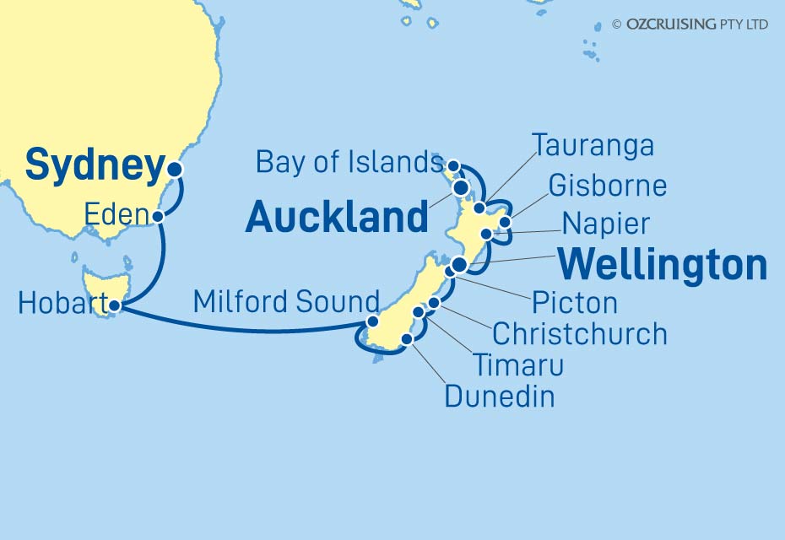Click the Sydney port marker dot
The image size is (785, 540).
(175, 169)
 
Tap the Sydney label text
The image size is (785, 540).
(94, 166)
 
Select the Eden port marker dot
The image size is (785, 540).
(159, 217)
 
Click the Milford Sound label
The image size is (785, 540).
(286, 301)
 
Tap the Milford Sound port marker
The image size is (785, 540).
(372, 321)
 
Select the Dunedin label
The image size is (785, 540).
(500, 396)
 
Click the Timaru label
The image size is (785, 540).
(517, 365)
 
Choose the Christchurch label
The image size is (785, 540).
(579, 334)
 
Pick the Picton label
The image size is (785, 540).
(574, 302)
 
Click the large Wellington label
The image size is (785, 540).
(663, 265)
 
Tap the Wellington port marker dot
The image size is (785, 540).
(458, 266)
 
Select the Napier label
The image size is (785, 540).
(607, 224)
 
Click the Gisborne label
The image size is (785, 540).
(607, 185)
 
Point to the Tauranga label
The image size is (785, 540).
(593, 145)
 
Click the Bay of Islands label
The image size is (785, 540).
(349, 163)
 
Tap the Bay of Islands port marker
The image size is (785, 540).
(453, 165)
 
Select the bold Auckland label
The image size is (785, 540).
(337, 218)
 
